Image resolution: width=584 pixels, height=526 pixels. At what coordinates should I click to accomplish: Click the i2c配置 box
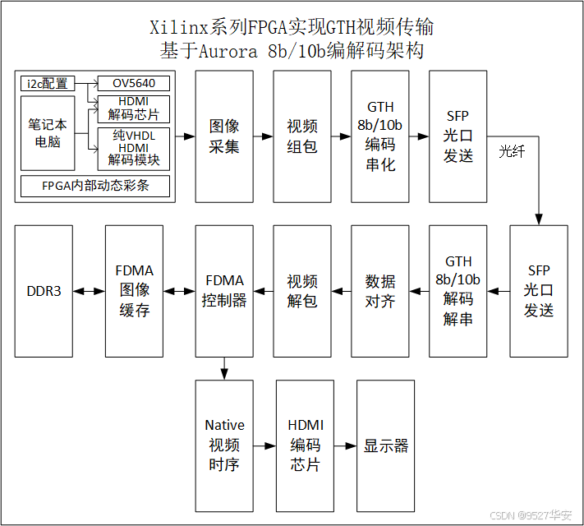coord(48,83)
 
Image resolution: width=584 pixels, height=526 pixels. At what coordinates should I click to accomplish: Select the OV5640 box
coord(134,83)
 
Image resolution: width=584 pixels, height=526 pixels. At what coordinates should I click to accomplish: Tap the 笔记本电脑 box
coord(48,132)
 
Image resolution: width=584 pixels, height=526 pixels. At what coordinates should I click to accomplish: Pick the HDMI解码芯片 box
coord(134,108)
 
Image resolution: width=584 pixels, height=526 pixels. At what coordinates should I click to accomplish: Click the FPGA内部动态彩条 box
coord(95,186)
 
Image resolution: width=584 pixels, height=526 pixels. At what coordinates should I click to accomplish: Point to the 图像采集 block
coord(224,136)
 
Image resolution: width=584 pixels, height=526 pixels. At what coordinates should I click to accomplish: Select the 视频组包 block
coord(302,136)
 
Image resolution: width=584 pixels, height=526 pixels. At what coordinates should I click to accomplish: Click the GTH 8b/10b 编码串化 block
coord(380,136)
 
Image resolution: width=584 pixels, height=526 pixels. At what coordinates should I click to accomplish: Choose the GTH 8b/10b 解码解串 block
coord(458,291)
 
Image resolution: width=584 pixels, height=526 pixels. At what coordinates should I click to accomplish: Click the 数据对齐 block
coord(380,291)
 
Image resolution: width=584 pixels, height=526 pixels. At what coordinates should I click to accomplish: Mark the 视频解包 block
coord(302,291)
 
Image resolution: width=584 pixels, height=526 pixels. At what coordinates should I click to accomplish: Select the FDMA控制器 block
coord(224,291)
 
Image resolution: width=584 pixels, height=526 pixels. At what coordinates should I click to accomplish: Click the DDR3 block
coord(44,291)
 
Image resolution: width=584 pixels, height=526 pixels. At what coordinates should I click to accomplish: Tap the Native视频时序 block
coord(224,445)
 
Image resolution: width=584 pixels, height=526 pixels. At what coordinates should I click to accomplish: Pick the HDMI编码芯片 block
coord(306,445)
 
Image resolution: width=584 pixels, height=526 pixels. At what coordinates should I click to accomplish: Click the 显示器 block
coord(385,445)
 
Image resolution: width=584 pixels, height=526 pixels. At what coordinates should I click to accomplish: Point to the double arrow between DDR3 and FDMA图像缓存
coord(89,291)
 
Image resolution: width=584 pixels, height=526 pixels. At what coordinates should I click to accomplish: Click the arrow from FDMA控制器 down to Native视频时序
coord(224,369)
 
